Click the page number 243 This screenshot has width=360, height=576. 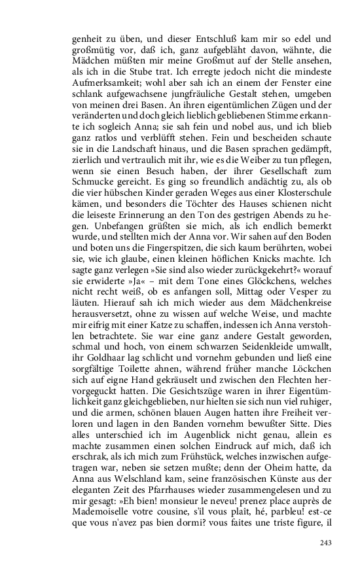coord(327,542)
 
